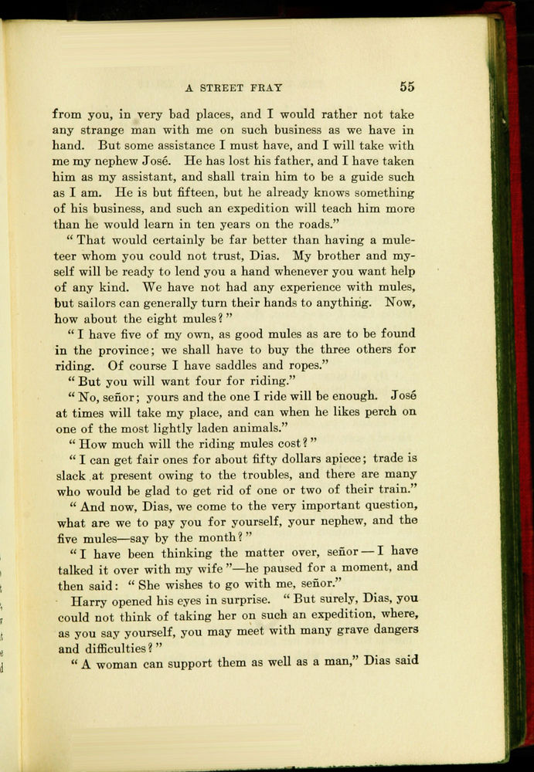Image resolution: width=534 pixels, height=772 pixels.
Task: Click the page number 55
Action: pyautogui.click(x=407, y=87)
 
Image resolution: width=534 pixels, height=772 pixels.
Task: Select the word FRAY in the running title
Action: pyautogui.click(x=267, y=88)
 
